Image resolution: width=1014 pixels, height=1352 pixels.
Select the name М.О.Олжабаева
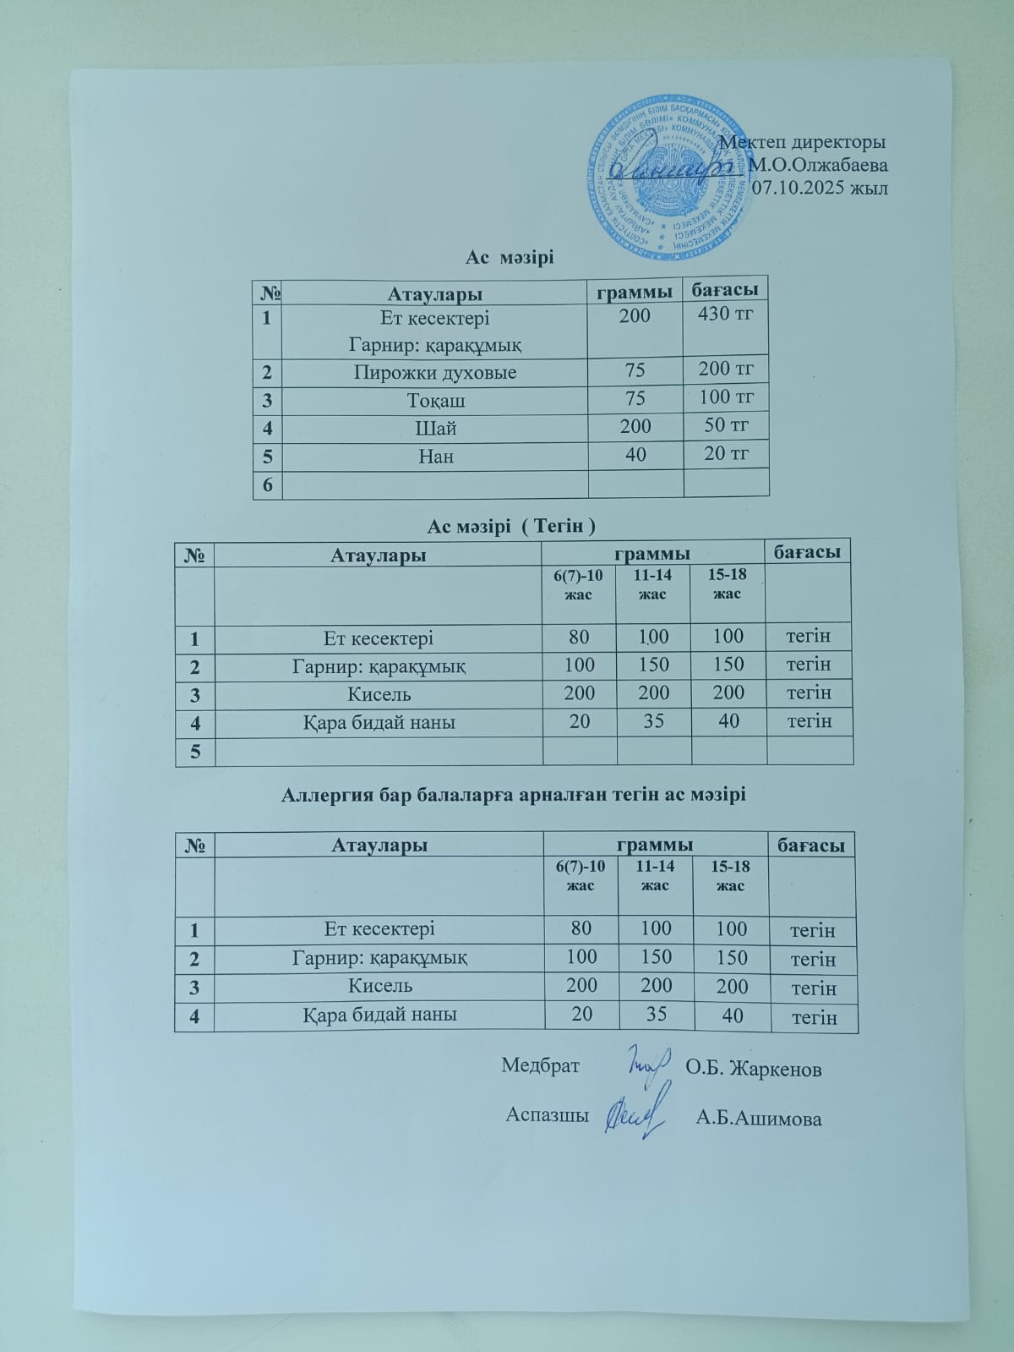click(x=818, y=165)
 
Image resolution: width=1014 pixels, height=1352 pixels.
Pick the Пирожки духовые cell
click(x=435, y=372)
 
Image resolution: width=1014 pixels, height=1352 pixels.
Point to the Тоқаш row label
click(x=436, y=400)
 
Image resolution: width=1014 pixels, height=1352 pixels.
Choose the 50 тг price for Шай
click(x=727, y=425)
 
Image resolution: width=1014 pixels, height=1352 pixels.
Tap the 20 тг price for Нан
click(x=727, y=453)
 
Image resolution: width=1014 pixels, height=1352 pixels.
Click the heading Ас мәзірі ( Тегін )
click(x=511, y=526)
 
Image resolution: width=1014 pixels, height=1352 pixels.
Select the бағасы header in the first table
click(x=725, y=289)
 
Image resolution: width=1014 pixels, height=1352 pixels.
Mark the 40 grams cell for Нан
click(x=635, y=455)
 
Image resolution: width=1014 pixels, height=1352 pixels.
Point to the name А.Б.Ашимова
click(x=759, y=1119)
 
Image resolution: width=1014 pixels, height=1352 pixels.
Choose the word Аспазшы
click(x=547, y=1114)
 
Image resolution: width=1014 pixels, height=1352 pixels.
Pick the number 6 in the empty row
click(x=268, y=484)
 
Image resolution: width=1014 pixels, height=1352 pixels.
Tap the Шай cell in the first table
click(x=436, y=428)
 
